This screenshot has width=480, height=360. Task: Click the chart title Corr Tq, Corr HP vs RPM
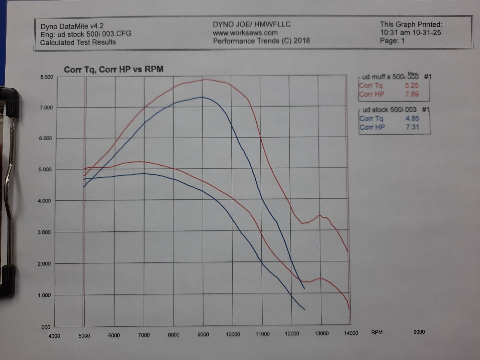[114, 69]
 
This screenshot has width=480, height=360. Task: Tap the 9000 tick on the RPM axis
[203, 334]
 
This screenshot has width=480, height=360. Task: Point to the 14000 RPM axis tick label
[351, 333]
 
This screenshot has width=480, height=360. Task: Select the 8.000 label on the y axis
[47, 77]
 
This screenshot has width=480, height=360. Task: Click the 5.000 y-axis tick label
[46, 169]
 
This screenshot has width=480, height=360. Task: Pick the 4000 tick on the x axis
[54, 336]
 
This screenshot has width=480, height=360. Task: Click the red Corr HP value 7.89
[412, 94]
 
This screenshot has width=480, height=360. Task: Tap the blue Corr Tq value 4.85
[412, 118]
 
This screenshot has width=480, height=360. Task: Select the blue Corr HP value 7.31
[412, 127]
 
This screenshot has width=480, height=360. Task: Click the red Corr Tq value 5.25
[412, 85]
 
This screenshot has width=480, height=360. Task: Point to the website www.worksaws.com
[245, 33]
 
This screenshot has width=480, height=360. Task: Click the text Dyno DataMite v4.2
[72, 26]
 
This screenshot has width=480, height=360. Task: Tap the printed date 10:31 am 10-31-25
[410, 33]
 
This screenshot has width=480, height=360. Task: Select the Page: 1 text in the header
[392, 41]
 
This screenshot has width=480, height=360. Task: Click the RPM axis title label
[377, 332]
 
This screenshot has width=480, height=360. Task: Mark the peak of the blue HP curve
[202, 97]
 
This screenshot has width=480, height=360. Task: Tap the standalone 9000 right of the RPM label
[419, 332]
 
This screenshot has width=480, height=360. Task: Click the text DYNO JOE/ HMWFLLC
[252, 24]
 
